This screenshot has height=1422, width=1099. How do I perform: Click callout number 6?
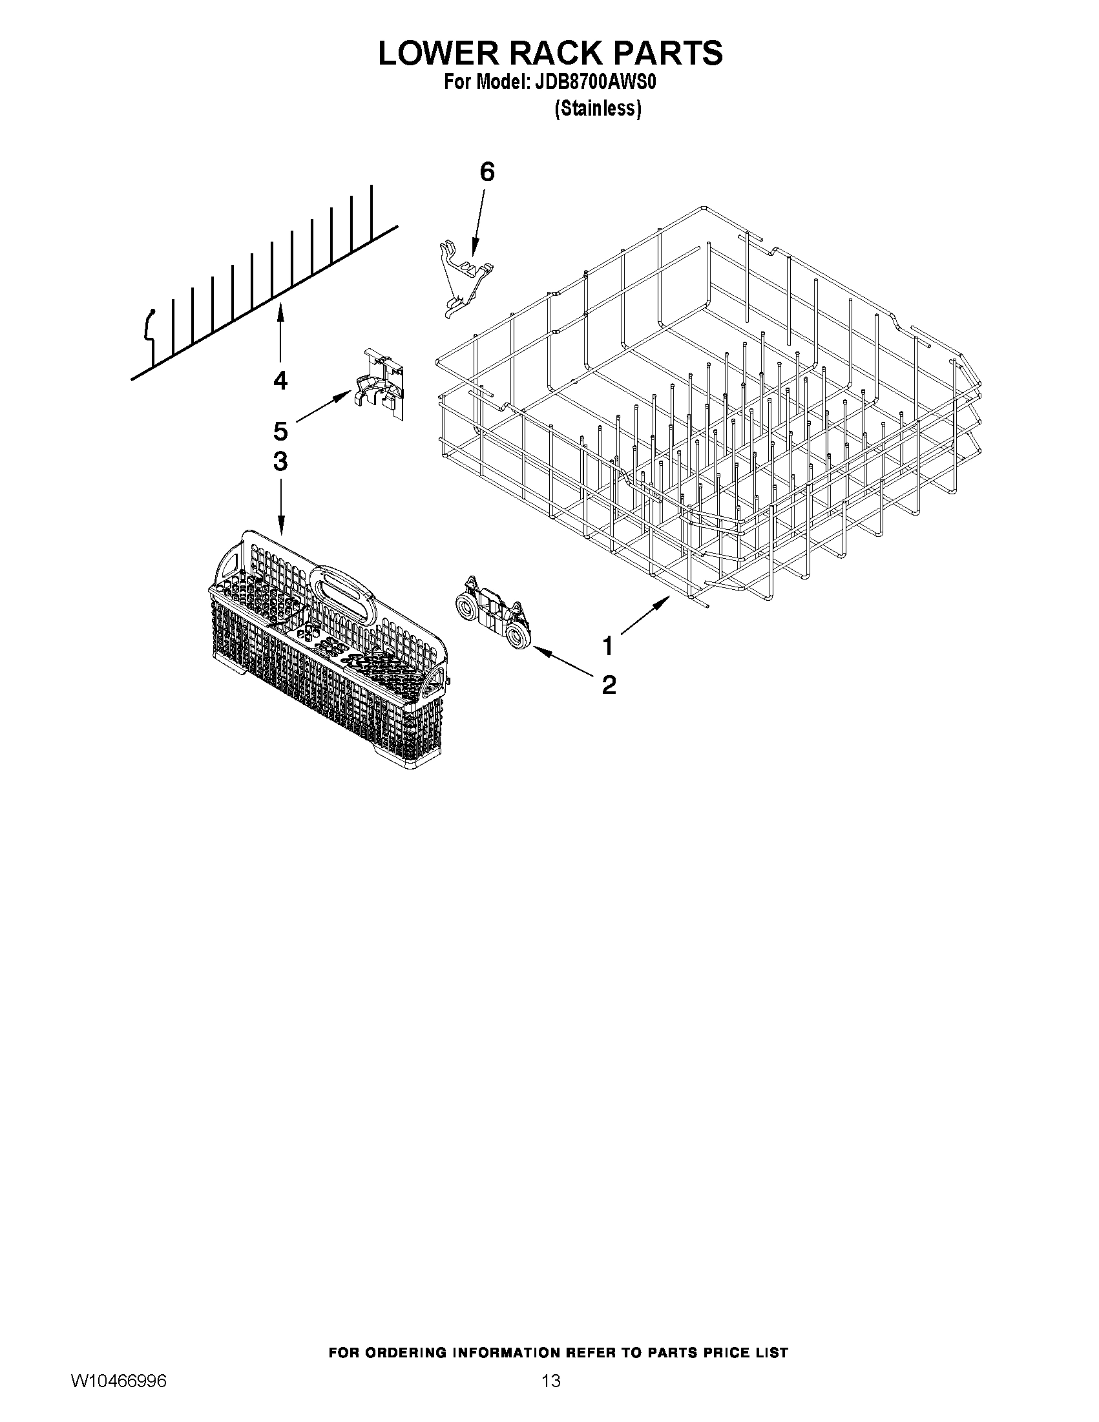(487, 172)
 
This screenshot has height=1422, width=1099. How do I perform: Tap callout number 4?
(280, 380)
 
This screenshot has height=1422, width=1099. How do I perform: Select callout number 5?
(280, 430)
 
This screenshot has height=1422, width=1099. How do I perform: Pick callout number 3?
(280, 462)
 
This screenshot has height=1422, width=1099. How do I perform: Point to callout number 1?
(607, 647)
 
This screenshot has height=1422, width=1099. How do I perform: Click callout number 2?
(609, 684)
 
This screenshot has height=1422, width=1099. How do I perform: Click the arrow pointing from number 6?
(477, 222)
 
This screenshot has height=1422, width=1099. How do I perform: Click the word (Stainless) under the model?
(598, 109)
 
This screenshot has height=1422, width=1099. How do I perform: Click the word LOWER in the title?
(439, 54)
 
